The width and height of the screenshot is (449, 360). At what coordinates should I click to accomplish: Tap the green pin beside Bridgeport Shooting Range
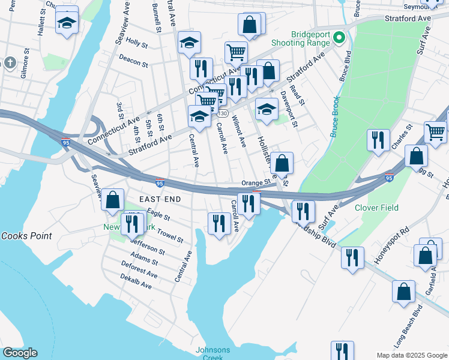coord(339,39)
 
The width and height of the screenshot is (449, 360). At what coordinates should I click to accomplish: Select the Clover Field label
coord(376,208)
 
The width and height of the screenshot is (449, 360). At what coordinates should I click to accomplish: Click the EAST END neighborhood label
coord(161,199)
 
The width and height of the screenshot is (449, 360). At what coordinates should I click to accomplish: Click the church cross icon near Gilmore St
coord(10,62)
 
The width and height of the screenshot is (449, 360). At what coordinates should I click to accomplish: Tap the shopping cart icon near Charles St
coord(435,130)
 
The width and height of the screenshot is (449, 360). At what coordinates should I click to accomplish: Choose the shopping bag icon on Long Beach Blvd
coord(404,292)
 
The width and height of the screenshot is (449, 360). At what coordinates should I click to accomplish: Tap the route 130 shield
coord(223,113)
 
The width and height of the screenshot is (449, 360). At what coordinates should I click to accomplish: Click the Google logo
coord(20,353)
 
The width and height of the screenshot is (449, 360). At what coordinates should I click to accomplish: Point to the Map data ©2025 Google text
coord(411,355)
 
